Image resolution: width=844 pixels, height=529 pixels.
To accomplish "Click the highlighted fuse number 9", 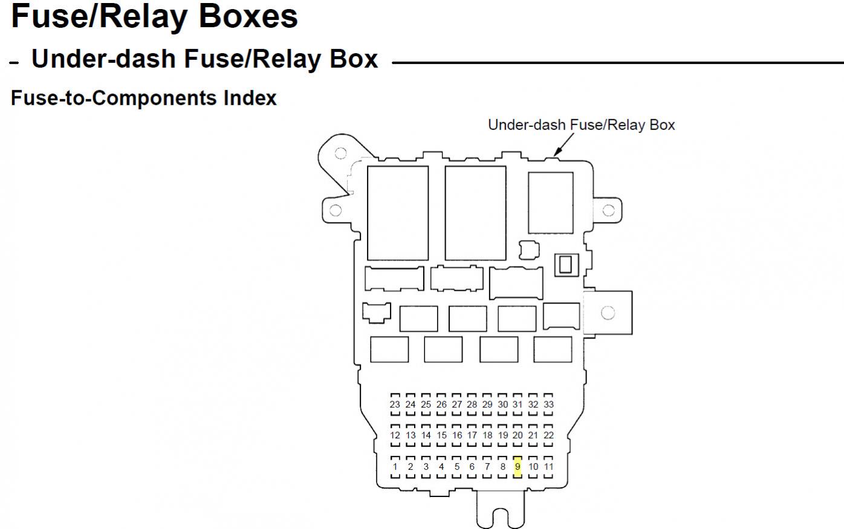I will coord(518,467).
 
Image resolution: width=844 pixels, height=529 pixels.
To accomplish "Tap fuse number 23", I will coord(395,404).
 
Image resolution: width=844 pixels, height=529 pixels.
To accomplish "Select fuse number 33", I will coord(548,404).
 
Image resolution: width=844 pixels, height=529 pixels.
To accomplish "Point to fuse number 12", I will coord(395,435).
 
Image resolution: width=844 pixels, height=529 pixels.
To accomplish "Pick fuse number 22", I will coord(548,435).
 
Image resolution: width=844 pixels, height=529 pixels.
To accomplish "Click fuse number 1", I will coord(395,467).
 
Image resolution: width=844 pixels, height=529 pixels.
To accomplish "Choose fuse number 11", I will coord(548,467).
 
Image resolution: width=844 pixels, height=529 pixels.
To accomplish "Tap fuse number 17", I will coord(472,435).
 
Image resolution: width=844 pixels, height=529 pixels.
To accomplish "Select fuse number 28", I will coord(472,404).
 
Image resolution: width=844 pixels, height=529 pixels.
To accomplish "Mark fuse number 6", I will coord(472,467).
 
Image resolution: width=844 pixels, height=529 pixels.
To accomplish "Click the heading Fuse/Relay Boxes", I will coord(154,16).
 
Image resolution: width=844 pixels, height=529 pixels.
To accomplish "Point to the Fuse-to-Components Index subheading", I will coord(144,98).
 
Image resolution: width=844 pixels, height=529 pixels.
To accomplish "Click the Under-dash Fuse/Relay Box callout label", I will coord(581,125).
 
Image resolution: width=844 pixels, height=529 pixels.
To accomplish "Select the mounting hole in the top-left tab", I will coord(340,153).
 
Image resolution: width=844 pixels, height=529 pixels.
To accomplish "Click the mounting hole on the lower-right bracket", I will coord(608,313).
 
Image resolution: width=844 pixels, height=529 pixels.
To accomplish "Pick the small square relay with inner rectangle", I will coord(566,265).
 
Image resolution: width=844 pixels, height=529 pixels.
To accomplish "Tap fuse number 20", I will coord(518,435).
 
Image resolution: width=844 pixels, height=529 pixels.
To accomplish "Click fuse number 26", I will coord(441,404).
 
